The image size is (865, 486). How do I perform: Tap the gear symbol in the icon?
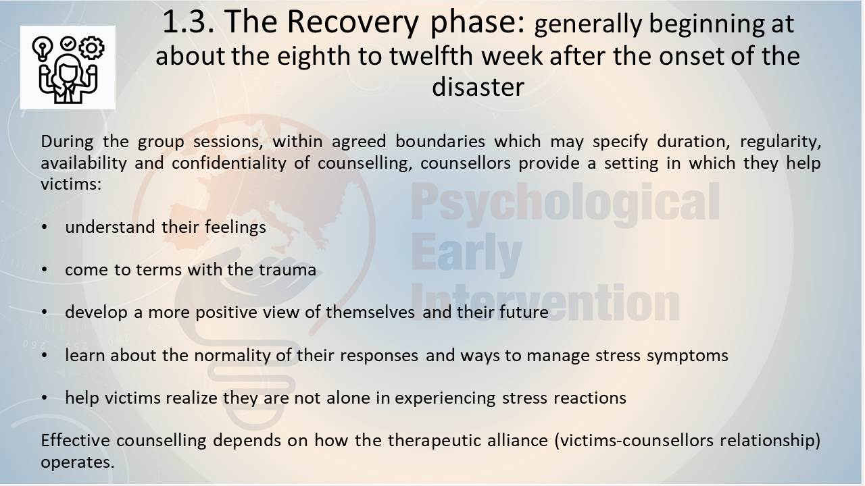(91, 47)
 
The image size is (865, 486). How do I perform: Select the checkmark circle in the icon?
(68, 44)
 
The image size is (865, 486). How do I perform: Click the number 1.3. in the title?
(189, 22)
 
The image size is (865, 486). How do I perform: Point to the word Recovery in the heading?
(353, 23)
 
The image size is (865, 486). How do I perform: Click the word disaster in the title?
(478, 87)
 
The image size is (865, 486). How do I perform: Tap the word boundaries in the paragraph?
(440, 142)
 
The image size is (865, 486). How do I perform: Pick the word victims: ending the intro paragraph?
(71, 184)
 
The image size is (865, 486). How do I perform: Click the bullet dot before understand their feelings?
(45, 227)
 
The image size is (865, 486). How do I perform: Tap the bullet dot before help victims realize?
(45, 398)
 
